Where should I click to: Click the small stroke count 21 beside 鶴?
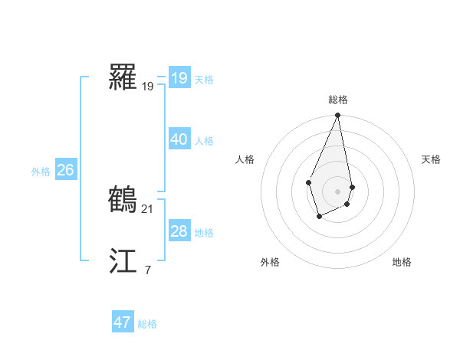coord(148,208)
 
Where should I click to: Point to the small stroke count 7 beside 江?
coord(148,270)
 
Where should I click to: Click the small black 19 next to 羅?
coord(148,87)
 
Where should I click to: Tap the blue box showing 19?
coord(179,78)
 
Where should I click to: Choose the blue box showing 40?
coord(179,139)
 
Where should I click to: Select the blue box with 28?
coord(179,231)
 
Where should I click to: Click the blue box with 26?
coord(65,170)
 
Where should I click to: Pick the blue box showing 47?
coord(122,322)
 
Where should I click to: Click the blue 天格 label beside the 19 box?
coord(204,80)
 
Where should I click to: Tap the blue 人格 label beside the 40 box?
coord(204,141)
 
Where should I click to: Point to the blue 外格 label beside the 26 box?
coord(41,172)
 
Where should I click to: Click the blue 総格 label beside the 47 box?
coord(147,324)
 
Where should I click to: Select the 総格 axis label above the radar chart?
coord(337,100)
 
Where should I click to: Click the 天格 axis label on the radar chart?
coord(431,159)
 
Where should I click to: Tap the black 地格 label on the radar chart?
coord(402,262)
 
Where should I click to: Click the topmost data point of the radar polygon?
coord(337,116)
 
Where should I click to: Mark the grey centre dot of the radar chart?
coord(337,191)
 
